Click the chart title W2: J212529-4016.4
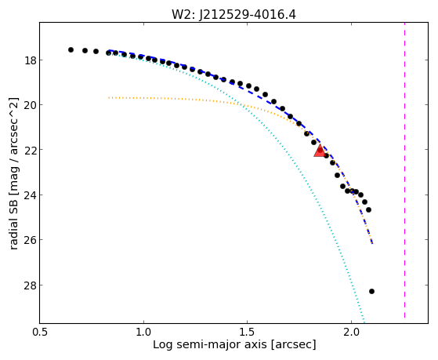(233, 14)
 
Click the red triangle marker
(320, 151)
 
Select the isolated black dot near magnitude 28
(371, 291)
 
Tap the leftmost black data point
(71, 49)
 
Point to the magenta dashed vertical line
(404, 171)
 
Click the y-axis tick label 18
(30, 60)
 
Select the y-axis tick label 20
(30, 105)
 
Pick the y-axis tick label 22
(30, 150)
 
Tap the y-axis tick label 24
(30, 195)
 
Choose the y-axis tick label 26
(30, 240)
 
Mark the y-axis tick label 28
(30, 285)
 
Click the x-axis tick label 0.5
(40, 332)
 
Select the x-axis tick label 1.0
(143, 332)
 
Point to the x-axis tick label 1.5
(248, 332)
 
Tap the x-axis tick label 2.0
(351, 332)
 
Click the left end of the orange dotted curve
(109, 98)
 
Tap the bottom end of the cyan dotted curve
(364, 322)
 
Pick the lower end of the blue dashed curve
(372, 243)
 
